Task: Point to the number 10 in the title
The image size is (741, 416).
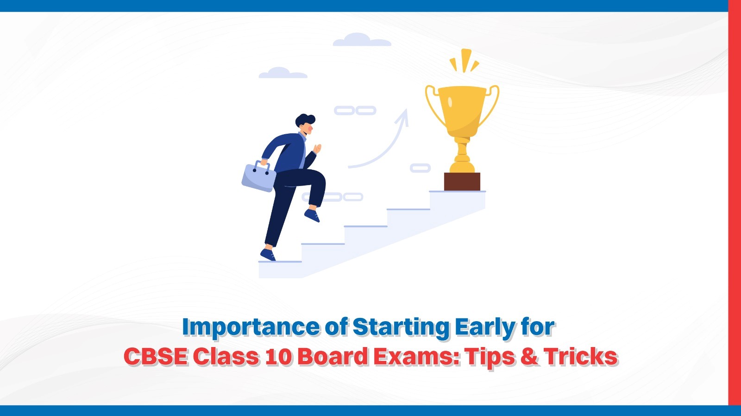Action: (x=279, y=357)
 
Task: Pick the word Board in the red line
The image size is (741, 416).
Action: (x=333, y=357)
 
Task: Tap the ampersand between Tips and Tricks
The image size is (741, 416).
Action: (x=529, y=357)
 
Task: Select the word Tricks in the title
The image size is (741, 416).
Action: (x=581, y=357)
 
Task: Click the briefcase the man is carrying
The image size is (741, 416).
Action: (x=258, y=178)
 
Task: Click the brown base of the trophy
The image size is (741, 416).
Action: (x=462, y=181)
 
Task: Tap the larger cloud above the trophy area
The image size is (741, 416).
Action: (x=362, y=40)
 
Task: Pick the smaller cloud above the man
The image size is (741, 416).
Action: (x=283, y=73)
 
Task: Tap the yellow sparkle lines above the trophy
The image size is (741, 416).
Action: (x=464, y=61)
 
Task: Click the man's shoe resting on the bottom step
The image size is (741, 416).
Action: (x=268, y=255)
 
